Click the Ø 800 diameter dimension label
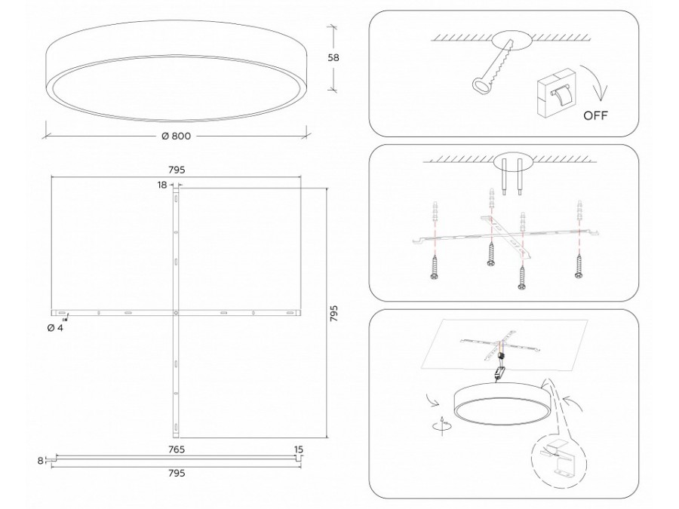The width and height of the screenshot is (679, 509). (x=176, y=136)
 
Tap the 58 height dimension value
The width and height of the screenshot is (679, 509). (x=333, y=57)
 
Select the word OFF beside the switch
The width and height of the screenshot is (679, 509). (x=595, y=115)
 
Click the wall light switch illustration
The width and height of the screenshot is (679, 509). (x=555, y=93)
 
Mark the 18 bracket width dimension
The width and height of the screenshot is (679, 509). (x=162, y=186)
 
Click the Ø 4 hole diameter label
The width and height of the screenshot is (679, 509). (x=55, y=328)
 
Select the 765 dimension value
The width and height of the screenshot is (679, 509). (x=177, y=449)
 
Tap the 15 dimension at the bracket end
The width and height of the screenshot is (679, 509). (x=298, y=449)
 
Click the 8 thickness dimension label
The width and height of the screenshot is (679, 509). (x=40, y=461)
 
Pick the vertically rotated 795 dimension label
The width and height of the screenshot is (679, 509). (x=333, y=314)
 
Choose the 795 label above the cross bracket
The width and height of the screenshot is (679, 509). (x=177, y=170)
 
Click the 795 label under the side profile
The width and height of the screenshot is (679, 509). (x=177, y=473)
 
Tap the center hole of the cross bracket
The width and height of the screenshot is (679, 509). (x=176, y=312)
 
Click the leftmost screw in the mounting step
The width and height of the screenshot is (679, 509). (x=434, y=267)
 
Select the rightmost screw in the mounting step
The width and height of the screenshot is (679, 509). (x=579, y=265)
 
